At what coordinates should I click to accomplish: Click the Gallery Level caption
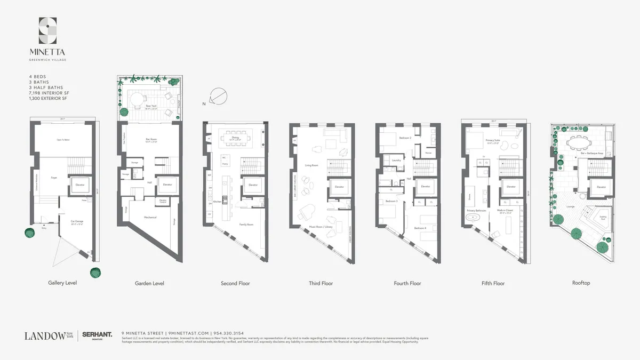click(62, 283)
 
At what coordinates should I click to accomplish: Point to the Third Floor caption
click(321, 283)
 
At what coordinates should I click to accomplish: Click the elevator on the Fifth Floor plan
click(511, 187)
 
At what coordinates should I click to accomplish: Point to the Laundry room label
click(396, 160)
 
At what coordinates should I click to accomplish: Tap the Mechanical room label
click(150, 217)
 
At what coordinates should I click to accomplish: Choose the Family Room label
click(246, 225)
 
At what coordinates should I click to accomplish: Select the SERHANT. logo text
click(97, 334)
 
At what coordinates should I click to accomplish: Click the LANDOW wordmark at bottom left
click(44, 335)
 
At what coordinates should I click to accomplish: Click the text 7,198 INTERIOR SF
click(49, 93)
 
